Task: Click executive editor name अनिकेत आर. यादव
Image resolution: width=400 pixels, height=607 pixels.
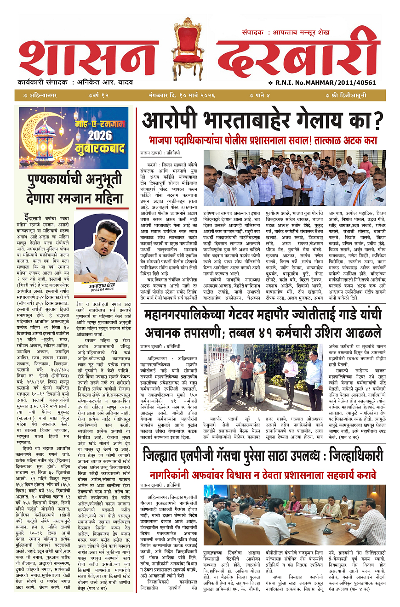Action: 104,82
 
